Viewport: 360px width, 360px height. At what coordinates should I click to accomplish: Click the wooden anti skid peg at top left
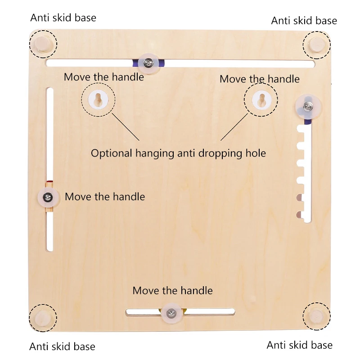tap(43, 44)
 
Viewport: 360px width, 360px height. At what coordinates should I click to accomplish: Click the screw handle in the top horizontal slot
tap(149, 63)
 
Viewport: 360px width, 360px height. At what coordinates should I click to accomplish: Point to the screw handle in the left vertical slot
tap(48, 197)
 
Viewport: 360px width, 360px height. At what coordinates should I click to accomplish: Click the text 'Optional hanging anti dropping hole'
tap(178, 153)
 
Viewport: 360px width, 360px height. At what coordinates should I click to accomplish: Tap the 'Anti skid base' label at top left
tap(63, 18)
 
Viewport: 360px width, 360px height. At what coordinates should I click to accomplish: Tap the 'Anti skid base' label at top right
tap(304, 20)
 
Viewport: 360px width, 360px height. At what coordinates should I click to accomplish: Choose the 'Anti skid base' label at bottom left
tap(62, 346)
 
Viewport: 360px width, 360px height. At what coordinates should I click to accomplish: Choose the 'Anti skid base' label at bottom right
tap(300, 345)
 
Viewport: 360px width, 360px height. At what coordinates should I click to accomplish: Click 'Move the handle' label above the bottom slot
tap(172, 291)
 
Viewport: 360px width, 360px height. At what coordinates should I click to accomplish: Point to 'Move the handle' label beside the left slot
tap(105, 197)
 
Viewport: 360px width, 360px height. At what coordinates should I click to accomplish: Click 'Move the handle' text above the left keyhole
tap(104, 76)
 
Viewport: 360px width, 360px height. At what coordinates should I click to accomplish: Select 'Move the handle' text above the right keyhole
tap(260, 79)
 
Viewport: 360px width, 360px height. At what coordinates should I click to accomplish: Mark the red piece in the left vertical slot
tap(49, 183)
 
